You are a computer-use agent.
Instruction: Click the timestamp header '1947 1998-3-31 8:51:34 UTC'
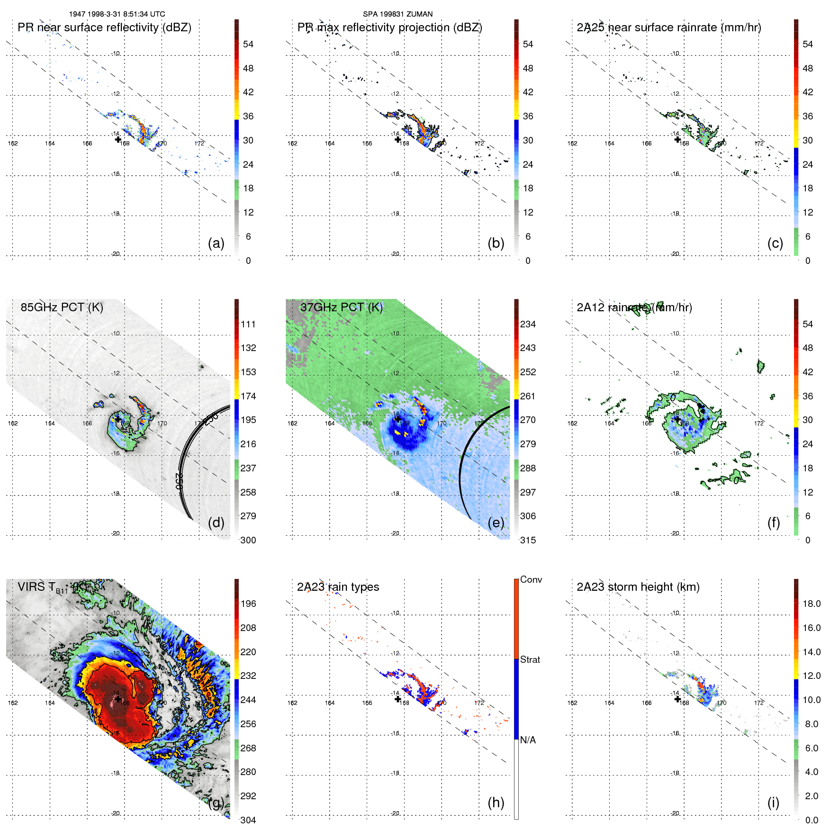[117, 14]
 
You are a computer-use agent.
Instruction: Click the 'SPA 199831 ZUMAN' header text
[397, 14]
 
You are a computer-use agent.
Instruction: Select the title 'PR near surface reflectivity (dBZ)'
[104, 27]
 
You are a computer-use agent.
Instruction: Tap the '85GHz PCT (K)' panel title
[62, 307]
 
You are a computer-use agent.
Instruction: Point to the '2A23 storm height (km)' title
[638, 587]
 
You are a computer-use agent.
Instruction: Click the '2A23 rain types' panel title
[338, 587]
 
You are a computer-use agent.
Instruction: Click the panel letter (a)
[216, 243]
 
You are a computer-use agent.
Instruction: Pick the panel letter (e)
[496, 523]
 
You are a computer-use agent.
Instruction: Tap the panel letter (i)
[773, 803]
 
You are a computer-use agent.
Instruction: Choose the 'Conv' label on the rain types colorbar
[531, 579]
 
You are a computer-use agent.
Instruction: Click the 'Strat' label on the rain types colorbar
[530, 659]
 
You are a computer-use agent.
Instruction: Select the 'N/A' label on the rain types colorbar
[528, 740]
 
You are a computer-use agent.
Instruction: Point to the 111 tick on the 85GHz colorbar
[248, 324]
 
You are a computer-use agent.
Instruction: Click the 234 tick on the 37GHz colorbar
[528, 324]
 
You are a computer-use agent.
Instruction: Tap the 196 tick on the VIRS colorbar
[248, 604]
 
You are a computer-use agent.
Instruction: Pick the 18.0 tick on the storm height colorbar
[812, 604]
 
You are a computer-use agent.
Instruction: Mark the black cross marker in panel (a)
[118, 139]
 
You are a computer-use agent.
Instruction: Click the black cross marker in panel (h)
[398, 699]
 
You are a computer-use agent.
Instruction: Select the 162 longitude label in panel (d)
[13, 423]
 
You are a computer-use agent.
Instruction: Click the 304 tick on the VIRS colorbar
[248, 820]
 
